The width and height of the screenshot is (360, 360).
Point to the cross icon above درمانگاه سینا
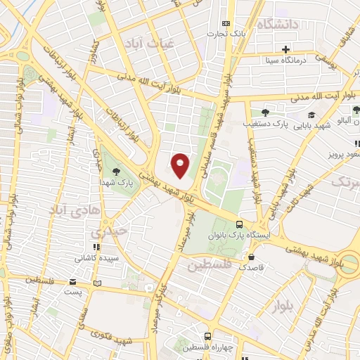point(285,49)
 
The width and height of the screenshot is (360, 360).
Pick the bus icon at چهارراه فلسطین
point(206,337)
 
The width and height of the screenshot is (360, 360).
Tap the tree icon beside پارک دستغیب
point(265,112)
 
